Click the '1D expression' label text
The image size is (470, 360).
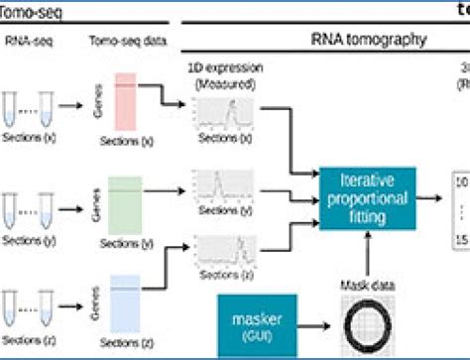point(217,74)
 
